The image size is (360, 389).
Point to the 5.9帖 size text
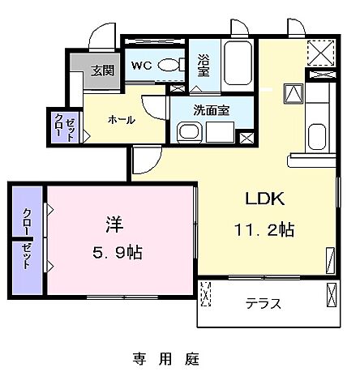tap(113, 252)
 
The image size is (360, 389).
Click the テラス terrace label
tap(264, 304)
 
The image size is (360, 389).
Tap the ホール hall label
tap(122, 120)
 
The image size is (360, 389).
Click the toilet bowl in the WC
tap(169, 66)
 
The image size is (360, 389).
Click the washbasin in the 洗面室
tap(186, 131)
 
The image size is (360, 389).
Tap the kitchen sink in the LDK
tap(317, 135)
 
